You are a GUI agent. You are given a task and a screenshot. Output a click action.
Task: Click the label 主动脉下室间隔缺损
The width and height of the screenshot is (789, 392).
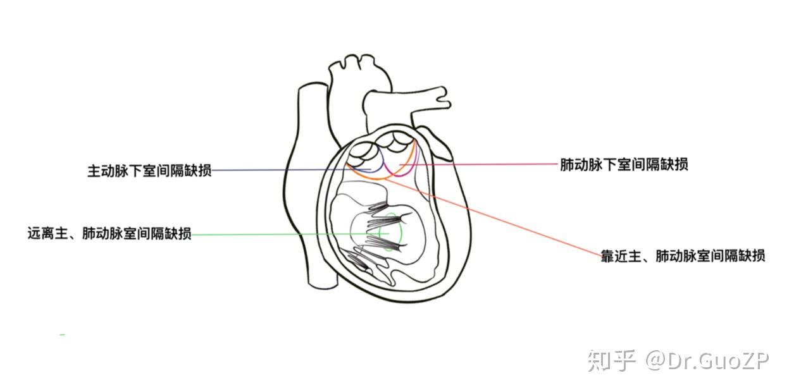tap(149, 171)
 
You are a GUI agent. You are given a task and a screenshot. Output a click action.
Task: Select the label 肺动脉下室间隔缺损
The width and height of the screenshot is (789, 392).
tap(624, 164)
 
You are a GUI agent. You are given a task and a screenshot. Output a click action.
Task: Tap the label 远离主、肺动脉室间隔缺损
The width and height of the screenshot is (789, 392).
tap(109, 233)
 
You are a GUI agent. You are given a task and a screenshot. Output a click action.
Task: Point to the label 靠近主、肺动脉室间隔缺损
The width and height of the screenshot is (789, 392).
tap(683, 255)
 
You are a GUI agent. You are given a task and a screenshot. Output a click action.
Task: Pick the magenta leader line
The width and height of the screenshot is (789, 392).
tap(494, 164)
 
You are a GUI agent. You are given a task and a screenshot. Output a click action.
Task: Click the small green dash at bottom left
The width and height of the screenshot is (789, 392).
tap(62, 334)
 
